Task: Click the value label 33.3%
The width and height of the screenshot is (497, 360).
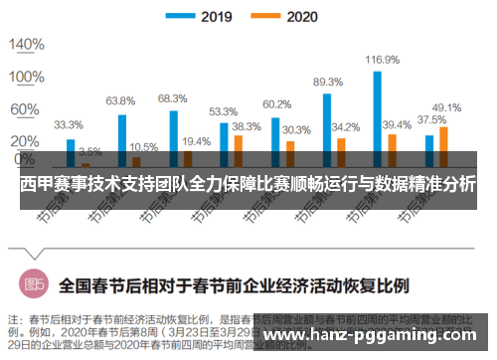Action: click(x=68, y=125)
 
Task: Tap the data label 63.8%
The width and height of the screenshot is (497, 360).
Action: click(x=120, y=100)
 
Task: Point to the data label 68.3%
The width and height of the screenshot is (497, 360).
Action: click(x=172, y=97)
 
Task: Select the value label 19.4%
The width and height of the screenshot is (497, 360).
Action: click(x=196, y=142)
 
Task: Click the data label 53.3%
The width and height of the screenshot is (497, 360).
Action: click(x=223, y=111)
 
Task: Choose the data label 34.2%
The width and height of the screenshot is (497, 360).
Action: click(x=345, y=127)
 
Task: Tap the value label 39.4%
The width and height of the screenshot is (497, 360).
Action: click(x=397, y=124)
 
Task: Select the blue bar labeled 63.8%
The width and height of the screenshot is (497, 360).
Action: click(x=122, y=138)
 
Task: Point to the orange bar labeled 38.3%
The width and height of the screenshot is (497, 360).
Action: click(x=238, y=148)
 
